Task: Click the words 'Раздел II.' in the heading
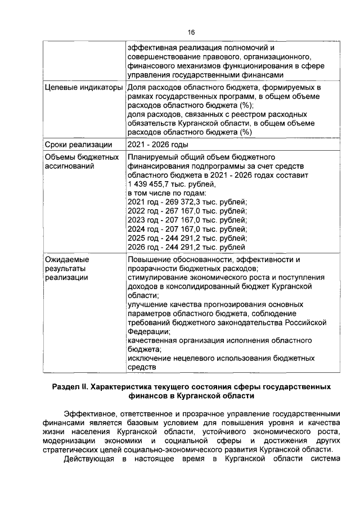[70, 388]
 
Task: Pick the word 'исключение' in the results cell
[149, 358]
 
